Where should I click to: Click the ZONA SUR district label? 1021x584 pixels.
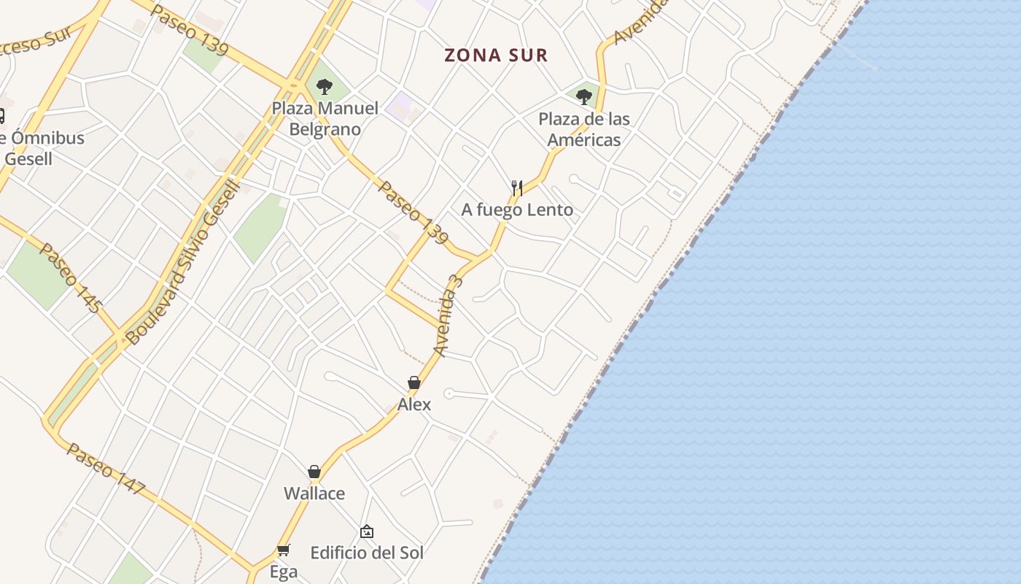(x=496, y=55)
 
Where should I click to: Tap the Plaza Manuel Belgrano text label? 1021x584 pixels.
(x=325, y=119)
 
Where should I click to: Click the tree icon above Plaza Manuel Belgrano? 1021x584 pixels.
(x=325, y=88)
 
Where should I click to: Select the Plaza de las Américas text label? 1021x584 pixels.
(x=584, y=129)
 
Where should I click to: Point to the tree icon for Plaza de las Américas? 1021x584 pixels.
(x=583, y=96)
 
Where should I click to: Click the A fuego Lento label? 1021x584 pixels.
(x=517, y=210)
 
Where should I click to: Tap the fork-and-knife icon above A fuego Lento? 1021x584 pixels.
(x=517, y=188)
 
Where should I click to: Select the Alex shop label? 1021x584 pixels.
(x=414, y=404)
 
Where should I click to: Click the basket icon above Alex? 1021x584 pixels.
(x=414, y=383)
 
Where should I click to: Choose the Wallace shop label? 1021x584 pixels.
(x=314, y=493)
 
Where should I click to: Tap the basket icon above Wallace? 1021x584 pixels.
(x=314, y=472)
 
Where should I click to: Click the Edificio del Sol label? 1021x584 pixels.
(x=367, y=553)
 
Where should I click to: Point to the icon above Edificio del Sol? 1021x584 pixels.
(x=367, y=531)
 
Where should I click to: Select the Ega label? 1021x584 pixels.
(x=284, y=572)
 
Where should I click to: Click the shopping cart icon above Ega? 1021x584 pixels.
(x=284, y=550)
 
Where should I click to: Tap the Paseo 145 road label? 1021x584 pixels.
(x=70, y=278)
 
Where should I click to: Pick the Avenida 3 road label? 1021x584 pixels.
(x=448, y=315)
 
